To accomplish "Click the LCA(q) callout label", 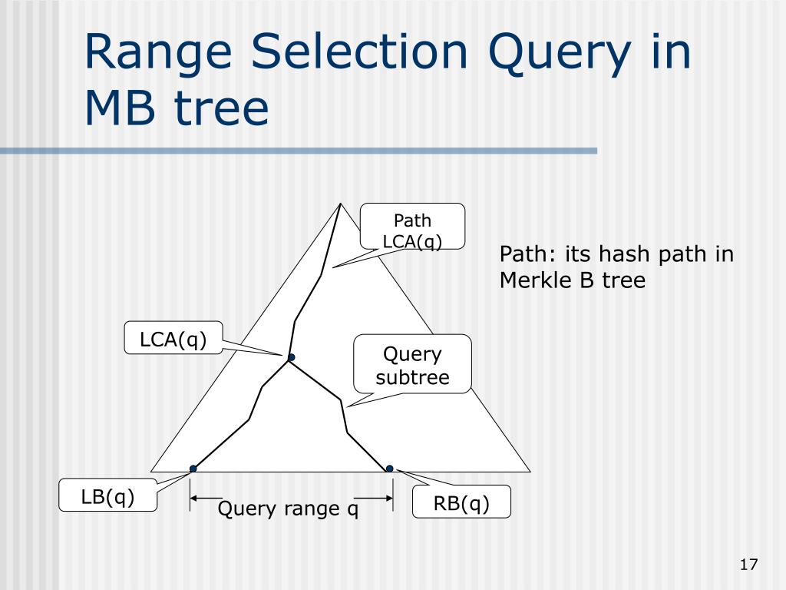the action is pyautogui.click(x=173, y=338).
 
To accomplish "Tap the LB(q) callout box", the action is pyautogui.click(x=107, y=496).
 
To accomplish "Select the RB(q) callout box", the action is pyautogui.click(x=461, y=502).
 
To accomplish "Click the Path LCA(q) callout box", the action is pyautogui.click(x=412, y=227).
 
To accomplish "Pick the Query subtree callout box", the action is pyautogui.click(x=412, y=363).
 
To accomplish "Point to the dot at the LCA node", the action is pyautogui.click(x=291, y=357).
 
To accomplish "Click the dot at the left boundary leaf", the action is pyautogui.click(x=193, y=469).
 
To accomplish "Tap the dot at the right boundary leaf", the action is pyautogui.click(x=389, y=469).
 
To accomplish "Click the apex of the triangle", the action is pyautogui.click(x=340, y=203).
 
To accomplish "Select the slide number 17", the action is pyautogui.click(x=748, y=565).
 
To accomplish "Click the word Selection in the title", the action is pyautogui.click(x=359, y=51).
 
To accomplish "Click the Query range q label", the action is pyautogui.click(x=289, y=509).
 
